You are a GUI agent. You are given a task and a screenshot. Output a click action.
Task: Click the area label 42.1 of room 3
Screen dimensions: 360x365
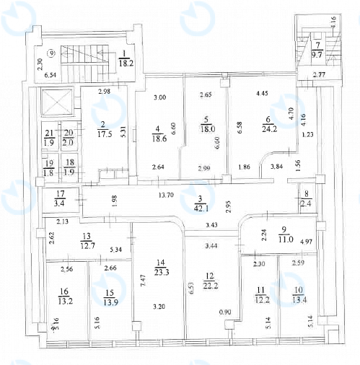[x=201, y=208]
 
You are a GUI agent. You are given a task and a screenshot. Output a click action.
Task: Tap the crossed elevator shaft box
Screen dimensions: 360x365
[x=56, y=102]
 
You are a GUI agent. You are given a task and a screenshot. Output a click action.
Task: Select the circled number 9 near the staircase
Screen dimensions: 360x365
[x=51, y=53]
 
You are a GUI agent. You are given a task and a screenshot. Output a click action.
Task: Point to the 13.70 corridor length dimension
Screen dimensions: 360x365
[x=166, y=195]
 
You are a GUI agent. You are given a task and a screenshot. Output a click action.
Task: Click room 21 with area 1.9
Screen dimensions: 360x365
[x=50, y=137]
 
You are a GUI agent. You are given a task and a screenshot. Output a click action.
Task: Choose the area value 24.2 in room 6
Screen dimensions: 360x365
[x=270, y=128]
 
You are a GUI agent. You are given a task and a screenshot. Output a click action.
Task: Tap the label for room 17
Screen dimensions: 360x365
[x=60, y=194]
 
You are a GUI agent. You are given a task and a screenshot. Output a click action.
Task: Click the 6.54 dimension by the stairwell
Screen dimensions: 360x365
[x=51, y=75]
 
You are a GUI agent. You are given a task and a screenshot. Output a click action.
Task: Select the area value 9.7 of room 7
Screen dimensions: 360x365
[x=317, y=55]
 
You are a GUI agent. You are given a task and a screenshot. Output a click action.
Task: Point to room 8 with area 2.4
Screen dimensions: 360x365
[x=306, y=198]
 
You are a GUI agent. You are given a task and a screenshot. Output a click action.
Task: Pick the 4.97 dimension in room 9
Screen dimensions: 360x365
[x=307, y=242]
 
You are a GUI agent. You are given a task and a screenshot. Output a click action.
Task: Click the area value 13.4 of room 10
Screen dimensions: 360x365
[x=299, y=300]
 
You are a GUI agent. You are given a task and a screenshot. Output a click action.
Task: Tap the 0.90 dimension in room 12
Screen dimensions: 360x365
[x=225, y=312]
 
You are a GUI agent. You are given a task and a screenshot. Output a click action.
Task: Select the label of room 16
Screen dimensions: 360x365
[x=64, y=291]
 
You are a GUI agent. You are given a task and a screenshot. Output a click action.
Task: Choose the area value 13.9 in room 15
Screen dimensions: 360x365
[x=110, y=302]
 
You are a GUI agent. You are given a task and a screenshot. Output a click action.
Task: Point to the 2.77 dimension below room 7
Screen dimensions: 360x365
[x=319, y=75]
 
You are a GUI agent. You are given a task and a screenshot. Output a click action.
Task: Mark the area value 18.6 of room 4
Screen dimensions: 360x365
[x=159, y=138]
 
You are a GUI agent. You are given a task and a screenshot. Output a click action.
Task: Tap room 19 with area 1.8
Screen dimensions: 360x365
[x=49, y=168]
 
